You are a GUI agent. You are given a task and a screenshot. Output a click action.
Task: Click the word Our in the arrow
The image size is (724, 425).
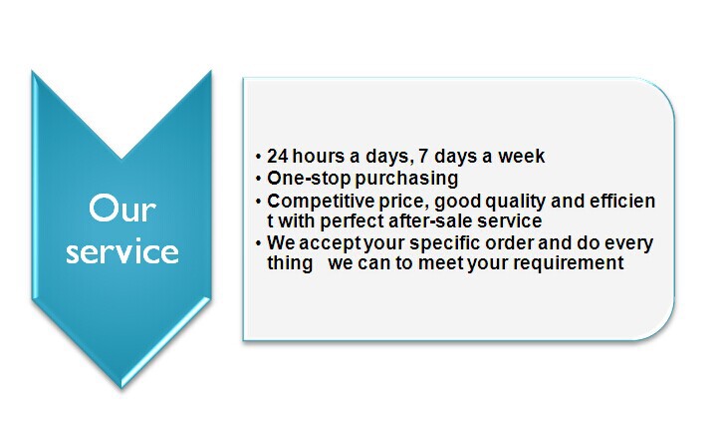click(x=122, y=210)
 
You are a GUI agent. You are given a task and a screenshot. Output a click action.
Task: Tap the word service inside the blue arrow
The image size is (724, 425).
click(x=122, y=251)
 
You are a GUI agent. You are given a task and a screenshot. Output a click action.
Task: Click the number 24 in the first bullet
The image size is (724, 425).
click(x=278, y=156)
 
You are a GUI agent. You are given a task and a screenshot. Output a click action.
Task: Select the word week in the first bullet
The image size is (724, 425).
click(x=521, y=156)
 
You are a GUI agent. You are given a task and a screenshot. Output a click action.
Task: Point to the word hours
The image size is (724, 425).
click(x=319, y=156)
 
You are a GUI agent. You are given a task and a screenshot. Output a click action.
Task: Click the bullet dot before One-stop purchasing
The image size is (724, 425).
click(x=258, y=179)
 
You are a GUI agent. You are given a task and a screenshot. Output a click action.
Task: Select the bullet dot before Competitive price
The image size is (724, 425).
click(x=258, y=203)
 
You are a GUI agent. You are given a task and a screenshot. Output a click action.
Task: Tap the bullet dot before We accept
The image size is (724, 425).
click(x=258, y=243)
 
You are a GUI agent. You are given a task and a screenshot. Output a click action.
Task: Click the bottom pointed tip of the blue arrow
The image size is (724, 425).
click(x=121, y=388)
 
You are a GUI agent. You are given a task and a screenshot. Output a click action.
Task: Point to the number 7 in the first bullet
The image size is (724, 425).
click(x=423, y=156)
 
